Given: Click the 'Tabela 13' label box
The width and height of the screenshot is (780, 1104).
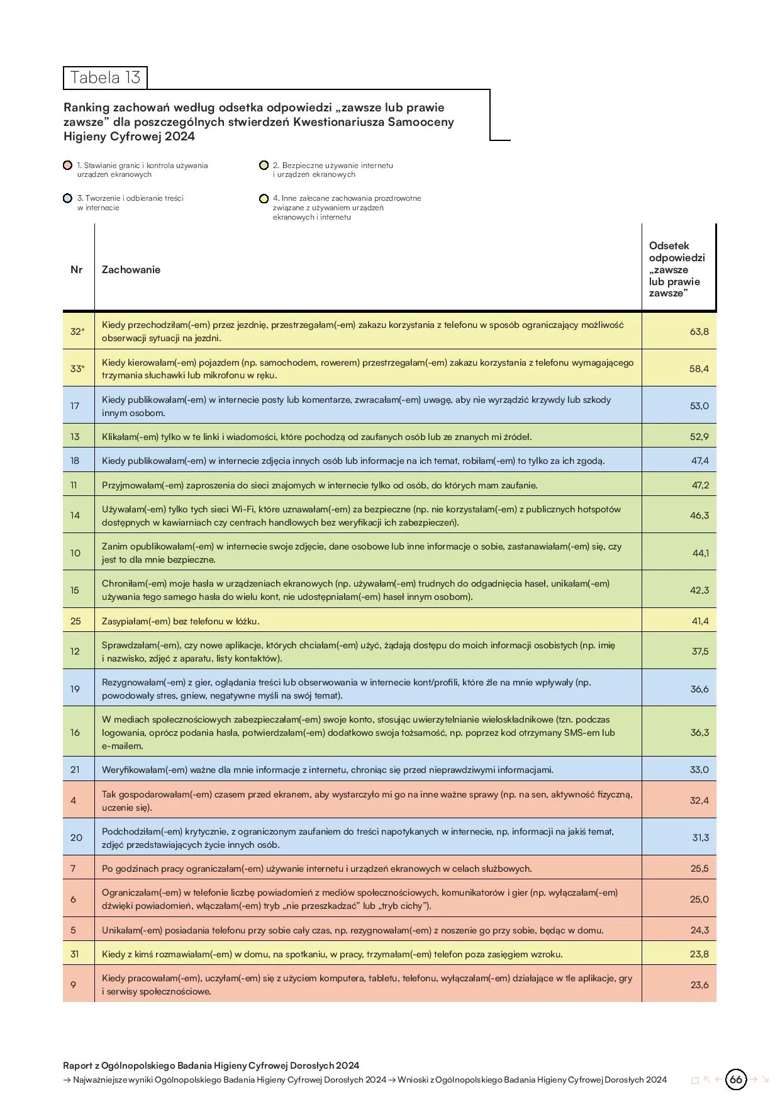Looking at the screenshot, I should point(105,77).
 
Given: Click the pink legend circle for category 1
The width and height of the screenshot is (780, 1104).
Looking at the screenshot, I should point(68,166).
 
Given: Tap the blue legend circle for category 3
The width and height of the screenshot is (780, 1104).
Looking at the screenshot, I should point(68,198).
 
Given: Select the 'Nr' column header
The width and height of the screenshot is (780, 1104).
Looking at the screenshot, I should point(77,269).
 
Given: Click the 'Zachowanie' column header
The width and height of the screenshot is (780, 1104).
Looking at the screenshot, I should point(131,269).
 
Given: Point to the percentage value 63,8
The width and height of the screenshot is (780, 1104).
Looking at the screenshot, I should point(699,332).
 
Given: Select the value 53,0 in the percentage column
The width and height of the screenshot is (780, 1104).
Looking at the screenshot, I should point(699,406).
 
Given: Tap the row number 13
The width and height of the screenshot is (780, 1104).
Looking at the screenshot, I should point(75,437).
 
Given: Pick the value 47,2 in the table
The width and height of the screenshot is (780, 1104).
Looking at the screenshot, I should point(700,485).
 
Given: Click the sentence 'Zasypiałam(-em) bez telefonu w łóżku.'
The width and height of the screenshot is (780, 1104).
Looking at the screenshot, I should point(181,621).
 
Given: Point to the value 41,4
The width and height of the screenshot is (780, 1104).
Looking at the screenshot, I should point(700,621).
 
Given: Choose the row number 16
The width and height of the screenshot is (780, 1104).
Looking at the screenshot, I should point(75,733).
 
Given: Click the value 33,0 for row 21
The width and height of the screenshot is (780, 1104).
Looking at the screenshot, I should point(699,770).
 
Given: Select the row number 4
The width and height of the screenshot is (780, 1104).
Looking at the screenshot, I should point(74,801).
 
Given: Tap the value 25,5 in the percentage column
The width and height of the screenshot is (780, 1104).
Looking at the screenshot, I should point(699,869).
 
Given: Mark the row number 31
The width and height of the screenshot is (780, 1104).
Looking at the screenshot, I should point(75,954).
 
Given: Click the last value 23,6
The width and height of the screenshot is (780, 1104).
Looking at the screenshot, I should point(699,985).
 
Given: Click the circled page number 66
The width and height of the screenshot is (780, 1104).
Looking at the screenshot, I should point(736,1079).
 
